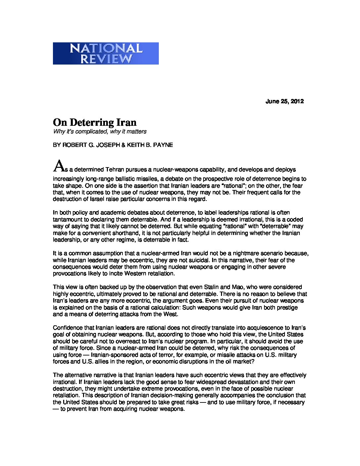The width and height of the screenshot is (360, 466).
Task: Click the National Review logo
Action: tap(106, 53)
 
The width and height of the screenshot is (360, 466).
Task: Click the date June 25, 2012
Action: tap(285, 101)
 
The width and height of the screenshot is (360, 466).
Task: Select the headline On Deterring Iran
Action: tap(95, 122)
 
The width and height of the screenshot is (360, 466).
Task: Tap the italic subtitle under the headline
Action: tap(100, 131)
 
